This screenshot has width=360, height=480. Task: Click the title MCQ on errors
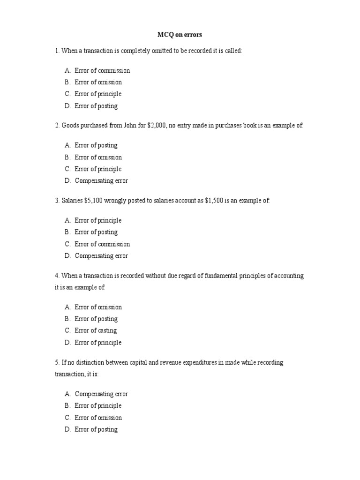[x=180, y=35]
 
